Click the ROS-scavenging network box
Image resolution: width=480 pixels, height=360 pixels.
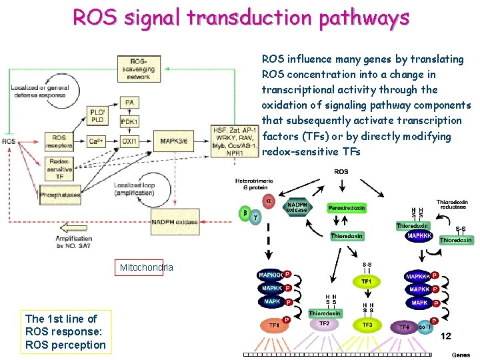tap(139, 68)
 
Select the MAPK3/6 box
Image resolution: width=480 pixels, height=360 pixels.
tap(173, 141)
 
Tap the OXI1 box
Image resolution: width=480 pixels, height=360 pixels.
tap(129, 141)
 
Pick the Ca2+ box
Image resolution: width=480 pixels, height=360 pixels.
tap(97, 141)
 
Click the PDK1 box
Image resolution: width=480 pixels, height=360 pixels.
tap(129, 122)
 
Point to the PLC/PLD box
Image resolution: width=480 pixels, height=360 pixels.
tap(97, 116)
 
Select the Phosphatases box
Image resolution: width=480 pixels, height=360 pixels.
tap(60, 195)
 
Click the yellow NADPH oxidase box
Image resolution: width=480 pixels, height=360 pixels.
tap(175, 222)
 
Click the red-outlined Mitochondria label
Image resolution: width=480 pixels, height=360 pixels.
tap(146, 267)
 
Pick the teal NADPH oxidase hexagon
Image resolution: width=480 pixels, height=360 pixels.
tap(297, 207)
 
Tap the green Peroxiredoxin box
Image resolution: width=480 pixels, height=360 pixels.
tap(347, 208)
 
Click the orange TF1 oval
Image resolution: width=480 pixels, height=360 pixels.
tap(274, 325)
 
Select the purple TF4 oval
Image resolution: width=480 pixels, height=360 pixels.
tap(404, 327)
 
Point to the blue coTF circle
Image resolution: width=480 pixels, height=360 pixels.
tap(425, 327)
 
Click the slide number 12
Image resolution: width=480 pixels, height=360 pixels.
tap(445, 336)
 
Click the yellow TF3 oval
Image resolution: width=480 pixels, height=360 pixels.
tap(367, 325)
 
